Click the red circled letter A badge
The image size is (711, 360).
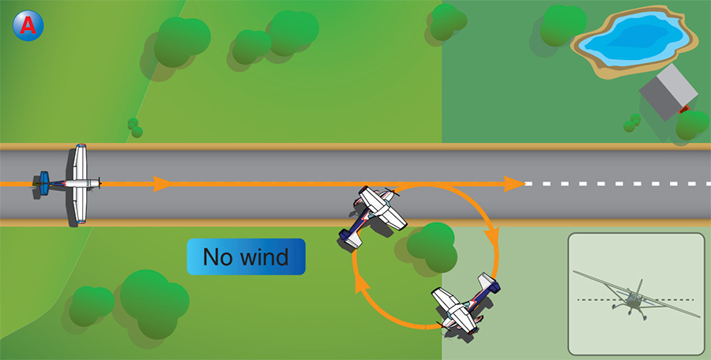[28, 25]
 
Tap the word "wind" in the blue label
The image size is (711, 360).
[263, 257]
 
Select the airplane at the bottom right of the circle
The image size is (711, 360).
[465, 304]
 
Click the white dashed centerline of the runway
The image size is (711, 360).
[616, 184]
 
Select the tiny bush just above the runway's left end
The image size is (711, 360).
[135, 128]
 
